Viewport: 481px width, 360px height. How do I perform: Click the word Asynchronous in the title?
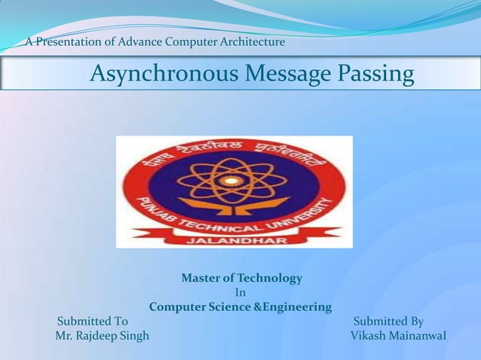coord(153,75)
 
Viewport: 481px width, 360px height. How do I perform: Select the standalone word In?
coord(240,293)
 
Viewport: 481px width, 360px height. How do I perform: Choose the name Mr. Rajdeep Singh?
coord(103,335)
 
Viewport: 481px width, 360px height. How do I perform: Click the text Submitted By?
coord(388,322)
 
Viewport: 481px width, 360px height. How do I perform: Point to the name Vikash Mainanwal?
coord(398,335)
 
